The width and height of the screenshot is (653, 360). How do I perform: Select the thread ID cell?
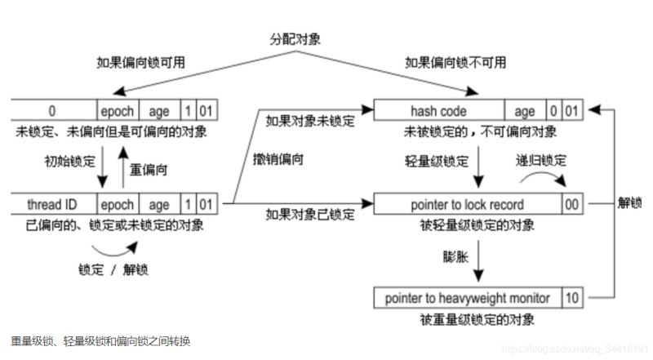(53, 204)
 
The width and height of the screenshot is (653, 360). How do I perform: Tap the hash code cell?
(438, 112)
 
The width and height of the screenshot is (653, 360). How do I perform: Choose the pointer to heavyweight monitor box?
(467, 298)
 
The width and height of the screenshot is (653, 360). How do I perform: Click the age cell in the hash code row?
(525, 112)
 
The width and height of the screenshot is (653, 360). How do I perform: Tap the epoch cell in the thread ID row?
(116, 204)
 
